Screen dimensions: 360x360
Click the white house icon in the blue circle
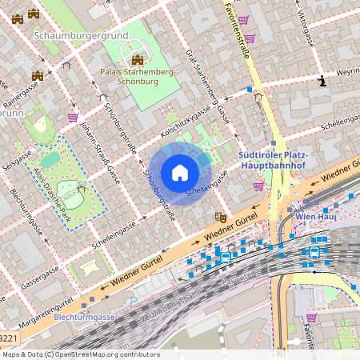(180, 173)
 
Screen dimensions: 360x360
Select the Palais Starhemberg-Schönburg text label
(138, 77)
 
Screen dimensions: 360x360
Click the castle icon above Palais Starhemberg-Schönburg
(138, 60)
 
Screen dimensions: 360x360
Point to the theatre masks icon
(221, 217)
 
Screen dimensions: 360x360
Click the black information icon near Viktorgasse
(322, 81)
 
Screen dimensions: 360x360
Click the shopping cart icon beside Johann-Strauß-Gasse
(73, 118)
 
